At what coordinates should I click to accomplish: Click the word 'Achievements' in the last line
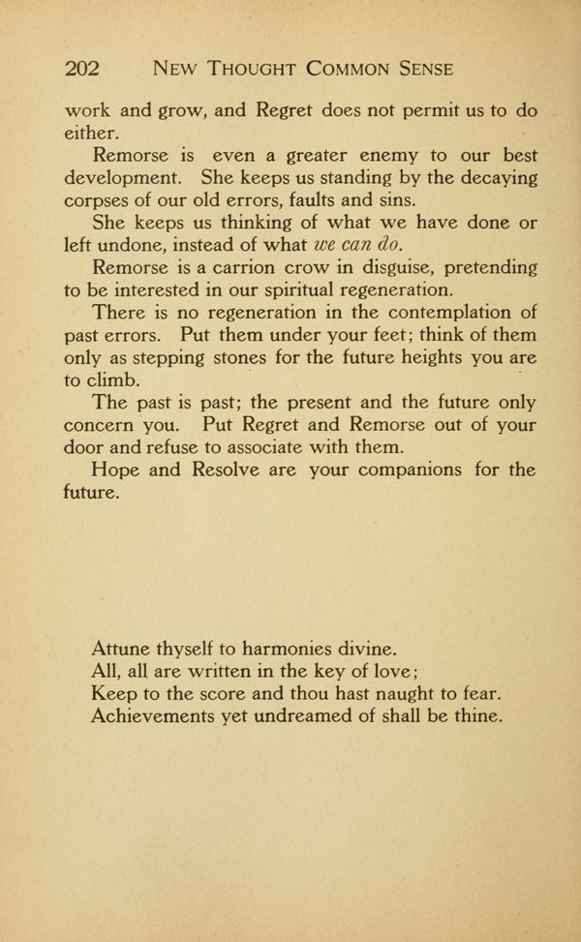coord(159,718)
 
